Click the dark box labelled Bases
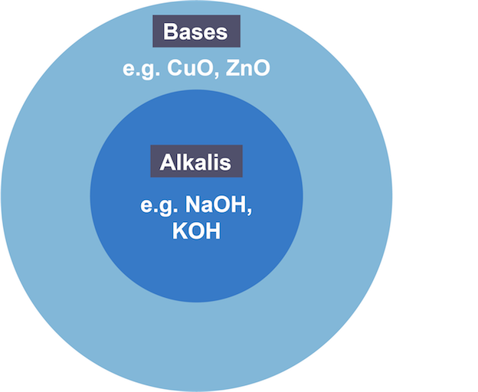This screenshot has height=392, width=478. click(196, 32)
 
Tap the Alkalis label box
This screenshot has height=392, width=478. click(195, 162)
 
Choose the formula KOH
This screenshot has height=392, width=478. click(197, 230)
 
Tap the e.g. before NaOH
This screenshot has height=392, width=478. click(159, 206)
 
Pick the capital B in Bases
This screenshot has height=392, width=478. click(170, 32)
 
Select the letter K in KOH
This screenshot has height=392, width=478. click(180, 230)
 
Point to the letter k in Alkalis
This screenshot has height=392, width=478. click(185, 162)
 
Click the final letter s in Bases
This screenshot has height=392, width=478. click(222, 33)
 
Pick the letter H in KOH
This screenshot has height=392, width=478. click(214, 230)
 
